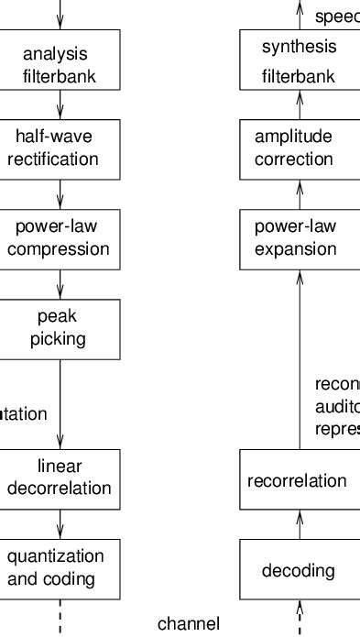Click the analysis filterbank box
(60, 60)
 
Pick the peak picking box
(60, 329)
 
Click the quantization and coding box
(60, 568)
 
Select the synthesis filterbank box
(300, 60)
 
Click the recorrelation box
(300, 479)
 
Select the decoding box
(300, 569)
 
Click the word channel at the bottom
(189, 624)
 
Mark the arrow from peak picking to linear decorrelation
(60, 403)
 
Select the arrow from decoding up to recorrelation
(300, 524)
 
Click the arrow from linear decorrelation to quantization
(60, 524)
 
